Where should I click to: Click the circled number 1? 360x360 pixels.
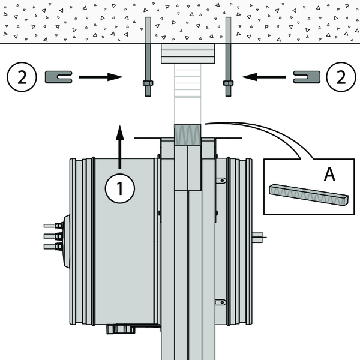(120, 188)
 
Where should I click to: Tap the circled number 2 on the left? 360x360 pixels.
(22, 77)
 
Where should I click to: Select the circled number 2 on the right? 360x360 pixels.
(339, 77)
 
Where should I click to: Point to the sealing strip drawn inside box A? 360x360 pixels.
(308, 194)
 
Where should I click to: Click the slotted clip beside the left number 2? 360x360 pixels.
(59, 76)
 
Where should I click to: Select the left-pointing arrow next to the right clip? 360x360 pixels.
(265, 77)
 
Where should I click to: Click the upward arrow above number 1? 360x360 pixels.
(120, 146)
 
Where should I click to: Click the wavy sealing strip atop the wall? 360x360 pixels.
(188, 133)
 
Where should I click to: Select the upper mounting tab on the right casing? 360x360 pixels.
(221, 179)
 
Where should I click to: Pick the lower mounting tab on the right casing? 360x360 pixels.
(221, 302)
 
